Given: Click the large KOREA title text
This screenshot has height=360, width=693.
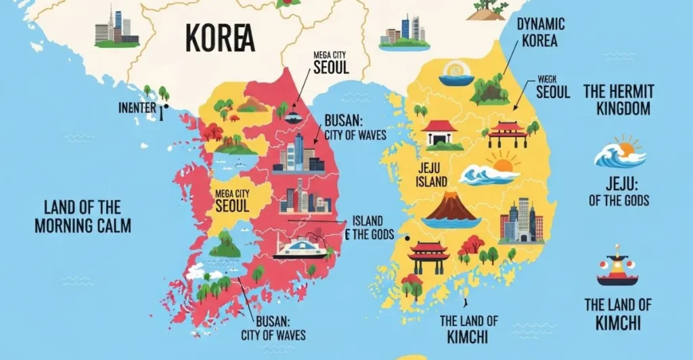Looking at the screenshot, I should (x=221, y=39).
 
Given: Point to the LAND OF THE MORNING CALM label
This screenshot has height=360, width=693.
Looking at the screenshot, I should (x=83, y=216).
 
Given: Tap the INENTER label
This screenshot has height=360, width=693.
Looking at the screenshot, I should (x=138, y=107).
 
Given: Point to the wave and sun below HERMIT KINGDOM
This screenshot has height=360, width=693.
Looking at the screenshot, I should (x=620, y=152).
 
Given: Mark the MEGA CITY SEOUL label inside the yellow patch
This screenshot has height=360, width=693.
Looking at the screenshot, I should (x=232, y=200).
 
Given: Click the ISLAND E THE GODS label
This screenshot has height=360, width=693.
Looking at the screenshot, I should (x=367, y=228).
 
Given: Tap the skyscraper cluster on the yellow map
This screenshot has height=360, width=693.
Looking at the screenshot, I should (x=521, y=221).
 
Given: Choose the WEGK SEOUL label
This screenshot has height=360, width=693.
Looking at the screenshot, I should (x=552, y=86).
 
